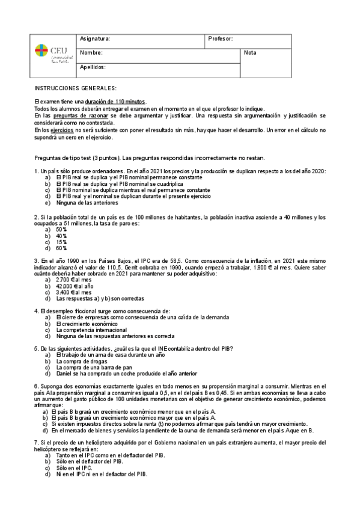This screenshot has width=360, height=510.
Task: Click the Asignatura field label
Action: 95,39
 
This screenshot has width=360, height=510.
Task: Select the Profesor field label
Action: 221,39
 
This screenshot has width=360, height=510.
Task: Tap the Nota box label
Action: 250,53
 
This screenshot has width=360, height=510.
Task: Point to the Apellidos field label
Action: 93,67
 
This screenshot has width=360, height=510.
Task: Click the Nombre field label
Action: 91,53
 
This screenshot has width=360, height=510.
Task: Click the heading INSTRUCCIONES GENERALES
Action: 76,88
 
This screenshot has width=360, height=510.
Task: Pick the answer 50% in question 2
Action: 61,230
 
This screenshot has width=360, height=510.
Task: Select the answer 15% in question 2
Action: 61,242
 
